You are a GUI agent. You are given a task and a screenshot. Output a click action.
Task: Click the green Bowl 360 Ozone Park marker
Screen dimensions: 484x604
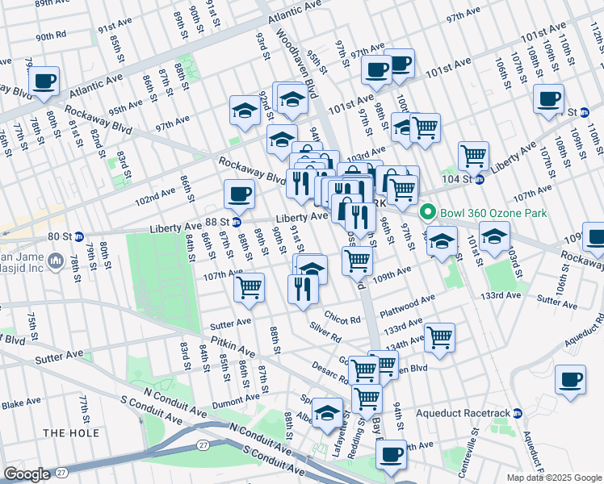coord(426,213)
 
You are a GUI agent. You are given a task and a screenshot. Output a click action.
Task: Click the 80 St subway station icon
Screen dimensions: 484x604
coord(79,236)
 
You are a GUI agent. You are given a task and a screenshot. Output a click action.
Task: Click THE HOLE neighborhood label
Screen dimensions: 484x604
coord(71,433)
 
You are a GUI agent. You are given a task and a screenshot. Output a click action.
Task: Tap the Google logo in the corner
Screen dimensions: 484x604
coord(27,474)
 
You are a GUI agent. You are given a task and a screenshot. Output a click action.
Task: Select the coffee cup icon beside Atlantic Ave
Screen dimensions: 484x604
coord(44,81)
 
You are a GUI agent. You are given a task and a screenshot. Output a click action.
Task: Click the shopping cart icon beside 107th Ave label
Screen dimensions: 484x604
coord(250,286)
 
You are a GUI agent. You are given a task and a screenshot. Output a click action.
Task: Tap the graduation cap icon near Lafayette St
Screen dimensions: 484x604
coord(327,412)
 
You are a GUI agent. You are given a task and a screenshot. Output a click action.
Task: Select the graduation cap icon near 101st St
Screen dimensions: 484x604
coord(494,237)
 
